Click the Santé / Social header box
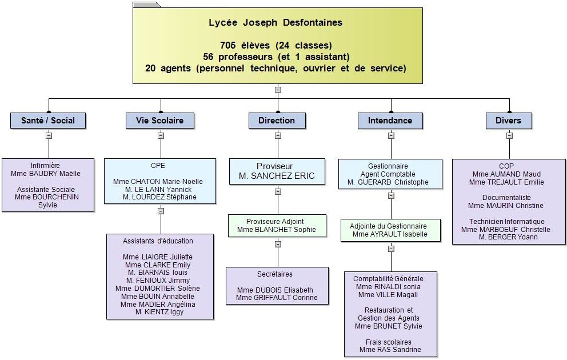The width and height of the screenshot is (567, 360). click(48, 121)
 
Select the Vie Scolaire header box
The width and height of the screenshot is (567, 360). click(160, 121)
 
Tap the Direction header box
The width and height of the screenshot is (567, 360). click(277, 121)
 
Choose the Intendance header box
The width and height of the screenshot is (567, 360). click(390, 121)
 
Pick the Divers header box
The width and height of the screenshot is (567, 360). click(509, 121)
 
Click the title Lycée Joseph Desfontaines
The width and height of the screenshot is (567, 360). click(275, 22)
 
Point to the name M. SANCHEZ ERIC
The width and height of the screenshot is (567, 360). click(277, 176)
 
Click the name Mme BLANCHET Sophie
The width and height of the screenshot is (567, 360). click(277, 230)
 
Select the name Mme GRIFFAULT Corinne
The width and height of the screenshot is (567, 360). click(277, 298)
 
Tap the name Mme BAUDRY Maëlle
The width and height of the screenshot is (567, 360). click(46, 174)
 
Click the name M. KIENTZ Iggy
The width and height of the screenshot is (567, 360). click(159, 311)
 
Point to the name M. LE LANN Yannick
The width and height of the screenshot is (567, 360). click(158, 189)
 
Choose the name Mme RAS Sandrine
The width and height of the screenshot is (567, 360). click(390, 350)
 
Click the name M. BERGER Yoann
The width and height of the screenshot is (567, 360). click(508, 237)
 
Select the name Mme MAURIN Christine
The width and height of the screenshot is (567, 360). click(506, 206)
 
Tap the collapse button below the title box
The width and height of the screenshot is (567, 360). click(278, 90)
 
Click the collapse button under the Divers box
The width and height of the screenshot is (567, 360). click(509, 135)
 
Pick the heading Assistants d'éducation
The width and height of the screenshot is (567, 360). click(158, 241)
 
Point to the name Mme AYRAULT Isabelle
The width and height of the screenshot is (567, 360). click(390, 234)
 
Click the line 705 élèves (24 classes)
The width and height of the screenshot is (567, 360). click(276, 46)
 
